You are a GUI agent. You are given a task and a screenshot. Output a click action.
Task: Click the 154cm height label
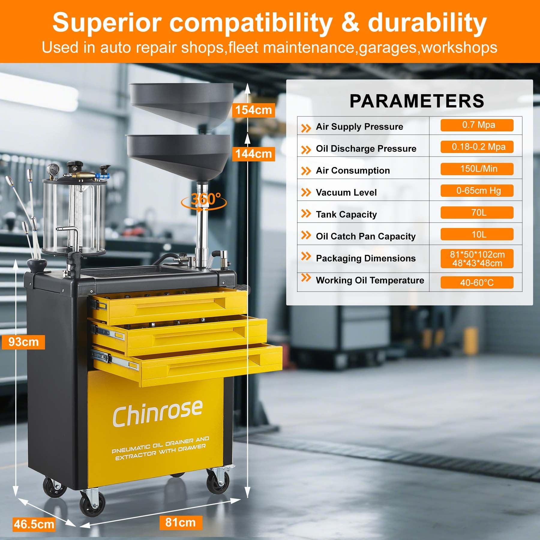[x=253, y=110]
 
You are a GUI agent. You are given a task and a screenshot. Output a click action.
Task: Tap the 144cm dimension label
[x=253, y=154]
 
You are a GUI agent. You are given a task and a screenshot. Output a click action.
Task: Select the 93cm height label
[x=23, y=342]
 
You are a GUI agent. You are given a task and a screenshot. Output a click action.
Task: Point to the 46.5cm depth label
[x=34, y=524]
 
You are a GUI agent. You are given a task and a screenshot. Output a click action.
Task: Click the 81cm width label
[x=180, y=522]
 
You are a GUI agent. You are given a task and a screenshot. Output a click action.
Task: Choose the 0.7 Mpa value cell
[x=477, y=125]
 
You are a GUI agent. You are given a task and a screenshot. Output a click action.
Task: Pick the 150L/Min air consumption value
[x=477, y=169]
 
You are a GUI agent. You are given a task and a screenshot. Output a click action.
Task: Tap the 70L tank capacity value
[x=477, y=213]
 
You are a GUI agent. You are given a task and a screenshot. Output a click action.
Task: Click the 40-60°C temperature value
[x=477, y=283]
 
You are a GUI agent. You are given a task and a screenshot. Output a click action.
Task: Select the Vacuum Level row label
[x=346, y=192]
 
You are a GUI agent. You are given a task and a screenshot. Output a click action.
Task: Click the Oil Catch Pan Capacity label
[x=366, y=236]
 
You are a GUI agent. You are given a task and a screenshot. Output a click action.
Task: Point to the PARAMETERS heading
[x=417, y=101]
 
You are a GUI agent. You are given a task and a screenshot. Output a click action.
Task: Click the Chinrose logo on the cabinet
[x=157, y=413]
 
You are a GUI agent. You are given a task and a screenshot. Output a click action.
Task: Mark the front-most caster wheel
[x=93, y=504]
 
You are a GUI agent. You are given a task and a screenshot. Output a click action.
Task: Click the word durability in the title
[x=427, y=22]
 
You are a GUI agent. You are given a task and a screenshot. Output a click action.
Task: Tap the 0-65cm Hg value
[x=477, y=191]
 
